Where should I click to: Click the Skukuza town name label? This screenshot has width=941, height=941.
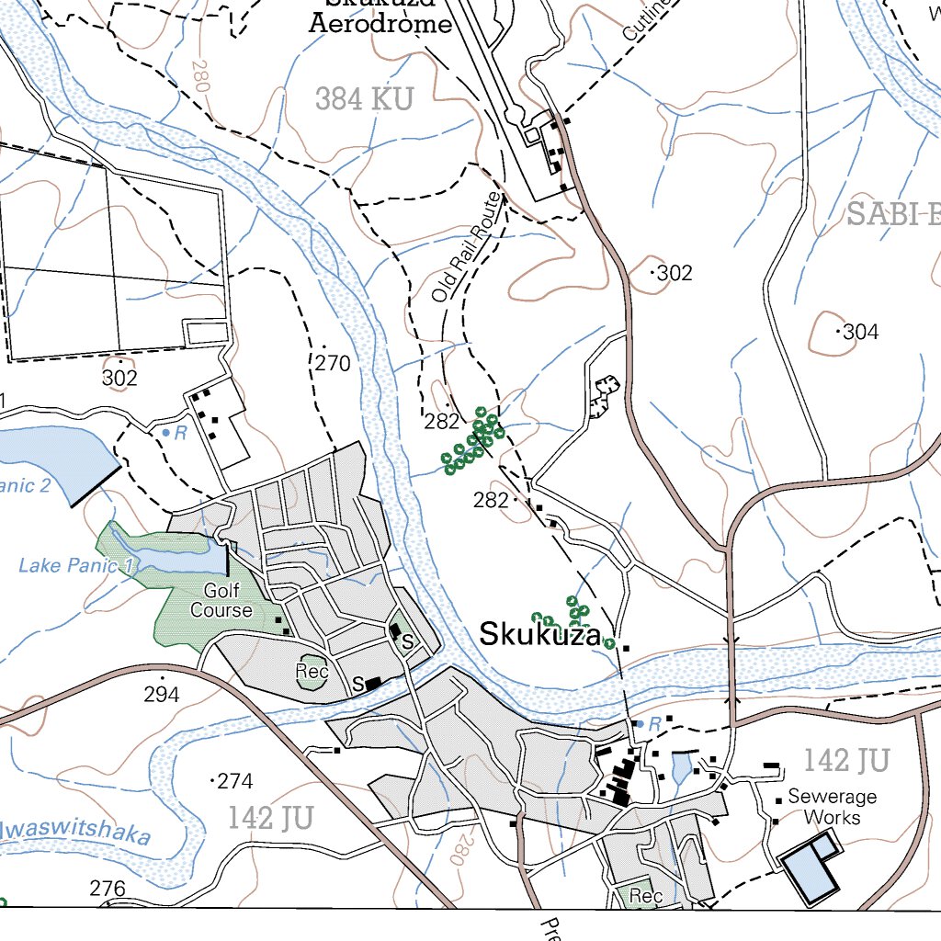[x=540, y=634]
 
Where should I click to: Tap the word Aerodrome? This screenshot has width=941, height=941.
[x=380, y=24]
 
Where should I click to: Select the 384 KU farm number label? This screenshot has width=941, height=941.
[x=365, y=98]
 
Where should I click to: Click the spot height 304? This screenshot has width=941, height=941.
[x=859, y=332]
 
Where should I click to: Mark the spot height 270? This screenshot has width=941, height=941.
[x=332, y=363]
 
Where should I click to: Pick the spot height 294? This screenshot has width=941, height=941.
[x=161, y=695]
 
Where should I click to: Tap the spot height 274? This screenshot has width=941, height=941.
[x=234, y=781]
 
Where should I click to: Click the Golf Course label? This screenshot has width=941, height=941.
[x=221, y=600]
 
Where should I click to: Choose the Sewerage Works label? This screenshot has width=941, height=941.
[x=832, y=807]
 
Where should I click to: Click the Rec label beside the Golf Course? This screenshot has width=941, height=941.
[x=312, y=672]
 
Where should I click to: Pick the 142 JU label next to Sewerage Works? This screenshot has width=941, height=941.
[x=846, y=760]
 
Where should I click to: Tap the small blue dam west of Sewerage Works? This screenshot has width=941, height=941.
[x=681, y=766]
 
